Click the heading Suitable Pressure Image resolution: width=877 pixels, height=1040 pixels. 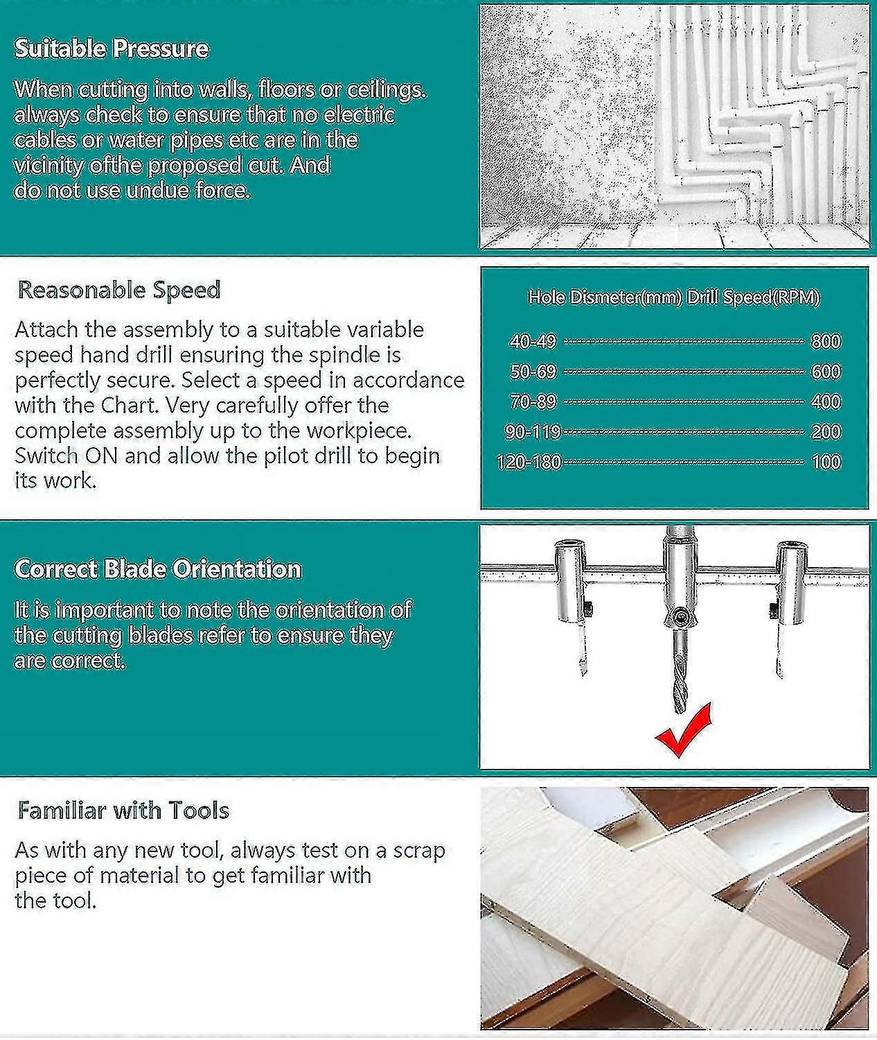[112, 49]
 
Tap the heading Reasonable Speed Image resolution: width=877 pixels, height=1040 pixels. [119, 290]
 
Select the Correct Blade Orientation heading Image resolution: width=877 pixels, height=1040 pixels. [158, 569]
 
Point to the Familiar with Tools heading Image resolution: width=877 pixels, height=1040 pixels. [123, 811]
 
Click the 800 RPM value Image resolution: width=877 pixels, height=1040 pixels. [826, 341]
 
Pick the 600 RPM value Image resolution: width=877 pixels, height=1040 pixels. [826, 372]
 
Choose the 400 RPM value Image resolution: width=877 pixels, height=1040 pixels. [826, 401]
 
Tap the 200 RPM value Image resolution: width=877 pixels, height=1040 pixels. [826, 432]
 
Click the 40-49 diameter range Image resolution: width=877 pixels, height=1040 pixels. [533, 341]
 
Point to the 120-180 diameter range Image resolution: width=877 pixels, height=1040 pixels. [529, 462]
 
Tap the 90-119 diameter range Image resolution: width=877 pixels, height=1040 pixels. [533, 432]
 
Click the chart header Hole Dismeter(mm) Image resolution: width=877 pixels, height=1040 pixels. [604, 297]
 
